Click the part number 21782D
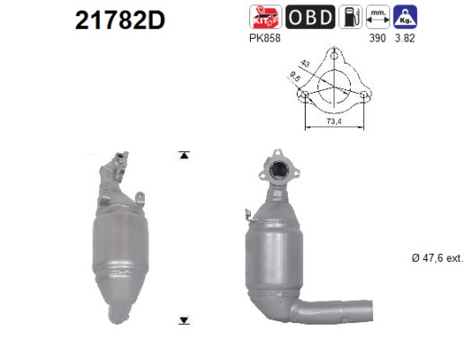[x=120, y=20]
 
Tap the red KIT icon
[x=265, y=17]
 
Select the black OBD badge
[x=310, y=17]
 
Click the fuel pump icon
[x=351, y=17]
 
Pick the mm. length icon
[x=378, y=17]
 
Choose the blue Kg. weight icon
[x=406, y=17]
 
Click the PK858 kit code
[x=264, y=39]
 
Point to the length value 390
[x=378, y=39]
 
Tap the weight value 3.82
[x=405, y=39]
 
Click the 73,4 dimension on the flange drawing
[x=334, y=121]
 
